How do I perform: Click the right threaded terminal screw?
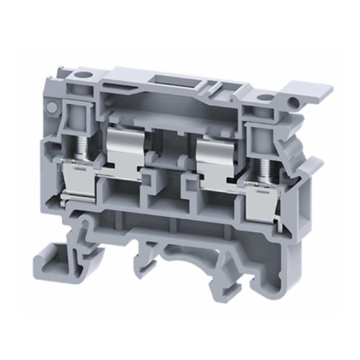pos(265,167)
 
